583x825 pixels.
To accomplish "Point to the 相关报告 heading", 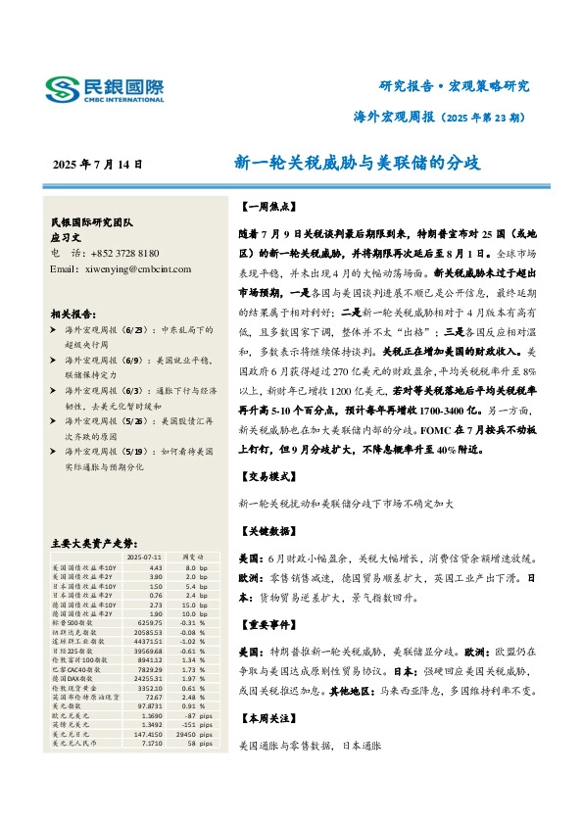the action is point(73,315).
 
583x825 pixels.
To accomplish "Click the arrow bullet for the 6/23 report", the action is point(54,333).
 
